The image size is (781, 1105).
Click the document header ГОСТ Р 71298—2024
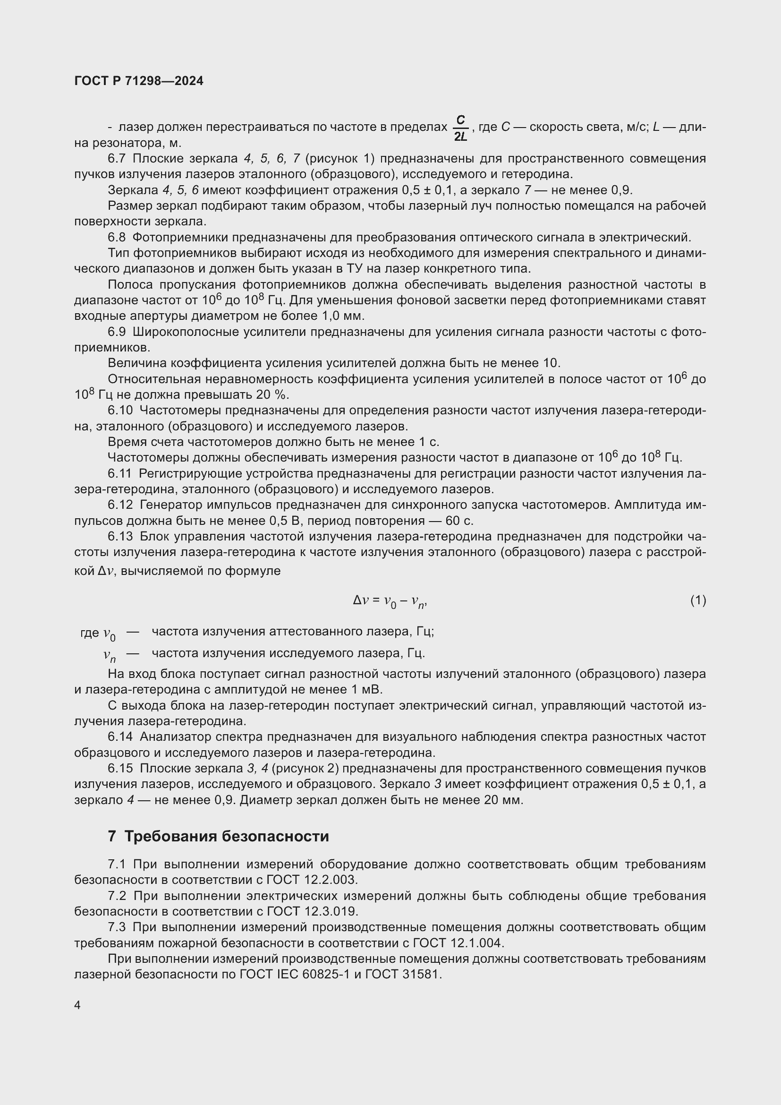[x=139, y=81]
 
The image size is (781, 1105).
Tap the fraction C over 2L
[x=460, y=128]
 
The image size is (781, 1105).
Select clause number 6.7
[x=117, y=158]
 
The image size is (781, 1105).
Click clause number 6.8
[x=117, y=237]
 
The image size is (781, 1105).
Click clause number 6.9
[x=117, y=332]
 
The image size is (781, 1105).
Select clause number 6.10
[x=120, y=411]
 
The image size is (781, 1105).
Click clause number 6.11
[x=120, y=473]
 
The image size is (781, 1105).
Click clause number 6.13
[x=120, y=537]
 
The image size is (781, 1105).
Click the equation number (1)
[x=698, y=600]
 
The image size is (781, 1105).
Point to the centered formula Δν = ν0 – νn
[x=390, y=601]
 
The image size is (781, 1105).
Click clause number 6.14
[x=120, y=737]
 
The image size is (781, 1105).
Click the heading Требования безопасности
[x=227, y=837]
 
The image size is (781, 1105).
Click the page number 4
[x=77, y=1005]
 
